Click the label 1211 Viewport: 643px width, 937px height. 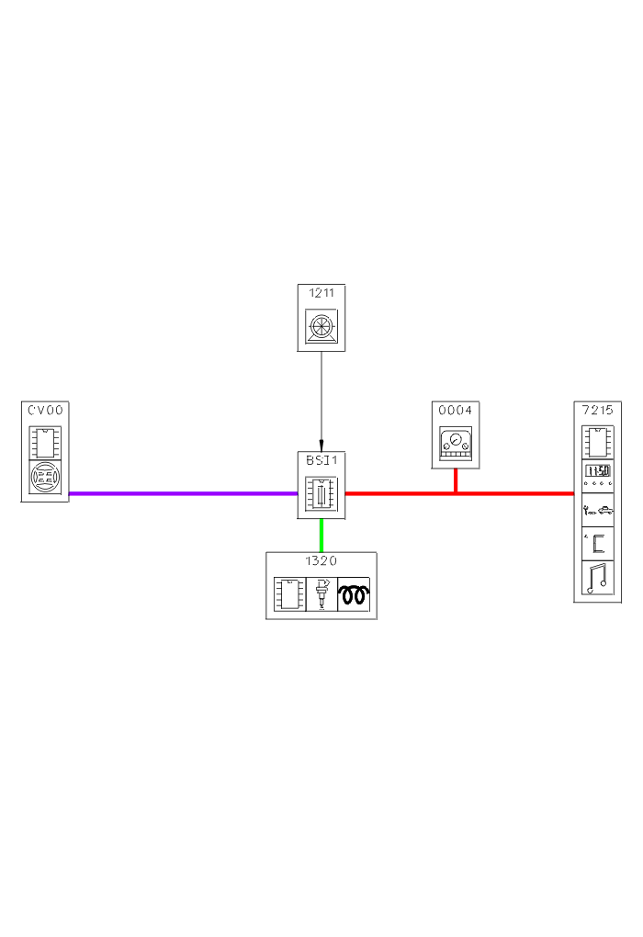tap(321, 293)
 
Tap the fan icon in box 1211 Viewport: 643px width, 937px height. tap(321, 327)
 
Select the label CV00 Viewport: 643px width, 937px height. tap(45, 410)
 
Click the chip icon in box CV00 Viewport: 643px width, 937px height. tap(45, 442)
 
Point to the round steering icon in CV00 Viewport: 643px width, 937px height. tap(45, 479)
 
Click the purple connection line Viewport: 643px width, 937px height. tap(184, 493)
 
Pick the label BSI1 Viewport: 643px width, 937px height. tap(321, 460)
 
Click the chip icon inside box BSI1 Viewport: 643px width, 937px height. tap(321, 493)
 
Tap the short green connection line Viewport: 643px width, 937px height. tap(321, 535)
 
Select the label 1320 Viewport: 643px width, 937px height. tap(321, 560)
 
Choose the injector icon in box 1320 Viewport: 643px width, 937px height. tap(321, 594)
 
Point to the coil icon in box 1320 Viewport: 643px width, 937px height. tap(353, 595)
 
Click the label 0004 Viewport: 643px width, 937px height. tap(456, 410)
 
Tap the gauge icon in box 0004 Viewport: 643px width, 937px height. tap(456, 446)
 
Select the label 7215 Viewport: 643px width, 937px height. tap(597, 410)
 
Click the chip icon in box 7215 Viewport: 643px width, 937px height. tap(597, 442)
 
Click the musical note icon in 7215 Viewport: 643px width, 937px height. tap(597, 578)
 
